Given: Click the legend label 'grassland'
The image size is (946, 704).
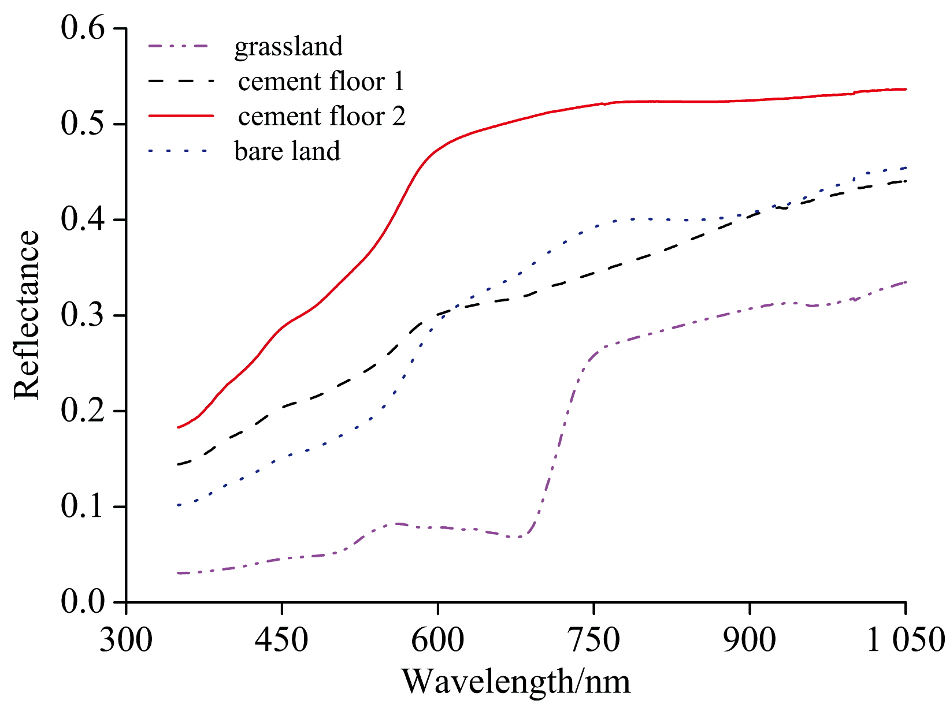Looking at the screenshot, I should (x=288, y=47).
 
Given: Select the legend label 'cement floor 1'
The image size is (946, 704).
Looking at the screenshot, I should (x=321, y=81).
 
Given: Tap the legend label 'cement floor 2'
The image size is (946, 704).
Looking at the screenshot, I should (x=322, y=116).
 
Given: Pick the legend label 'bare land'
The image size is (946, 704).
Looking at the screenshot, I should (x=287, y=151).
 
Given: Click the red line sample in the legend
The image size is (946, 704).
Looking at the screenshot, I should (x=181, y=116).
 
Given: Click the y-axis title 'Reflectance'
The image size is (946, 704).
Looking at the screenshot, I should (x=27, y=315).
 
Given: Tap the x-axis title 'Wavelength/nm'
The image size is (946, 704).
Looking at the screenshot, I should (x=515, y=681).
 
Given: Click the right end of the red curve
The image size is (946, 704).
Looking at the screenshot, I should (x=906, y=90).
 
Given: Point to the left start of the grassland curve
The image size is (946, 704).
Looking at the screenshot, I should (x=179, y=573).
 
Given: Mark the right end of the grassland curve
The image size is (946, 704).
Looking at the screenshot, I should (x=906, y=282).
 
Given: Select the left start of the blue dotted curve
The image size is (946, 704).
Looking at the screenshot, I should (x=179, y=505).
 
